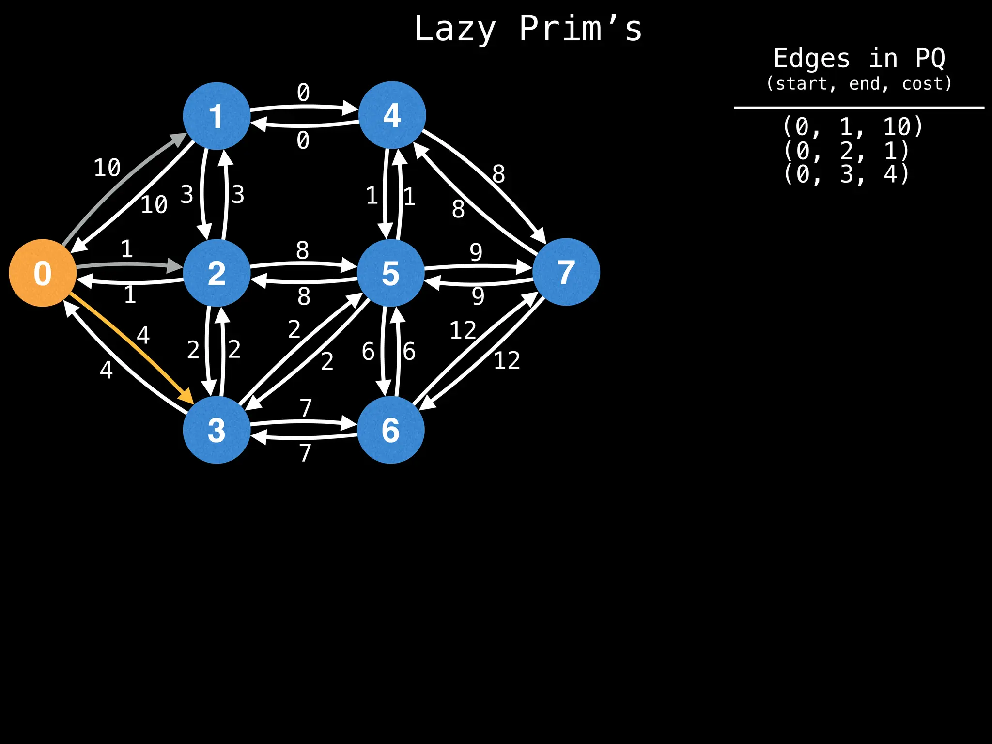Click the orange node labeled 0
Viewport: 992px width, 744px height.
tap(43, 273)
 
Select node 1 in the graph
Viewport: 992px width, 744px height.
tap(217, 116)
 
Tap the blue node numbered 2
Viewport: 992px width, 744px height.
tap(217, 273)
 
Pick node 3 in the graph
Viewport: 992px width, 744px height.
tap(217, 430)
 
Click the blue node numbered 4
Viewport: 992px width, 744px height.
tap(392, 115)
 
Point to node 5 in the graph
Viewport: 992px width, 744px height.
tap(391, 273)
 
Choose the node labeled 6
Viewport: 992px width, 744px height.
tap(391, 430)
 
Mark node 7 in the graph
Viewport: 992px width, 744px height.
tap(566, 272)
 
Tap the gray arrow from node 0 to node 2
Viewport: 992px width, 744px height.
tap(128, 264)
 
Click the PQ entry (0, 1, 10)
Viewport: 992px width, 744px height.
tap(852, 127)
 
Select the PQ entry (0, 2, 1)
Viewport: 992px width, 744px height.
tap(846, 151)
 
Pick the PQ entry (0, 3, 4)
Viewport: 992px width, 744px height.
tap(846, 174)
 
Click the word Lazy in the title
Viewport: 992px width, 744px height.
tap(455, 29)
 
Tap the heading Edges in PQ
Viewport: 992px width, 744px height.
tap(859, 59)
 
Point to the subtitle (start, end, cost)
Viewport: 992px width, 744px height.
tap(859, 84)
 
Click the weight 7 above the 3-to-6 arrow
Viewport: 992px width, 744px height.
tap(306, 408)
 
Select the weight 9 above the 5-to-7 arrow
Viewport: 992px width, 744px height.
tap(476, 252)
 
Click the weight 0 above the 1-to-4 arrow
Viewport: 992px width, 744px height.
tap(303, 92)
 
